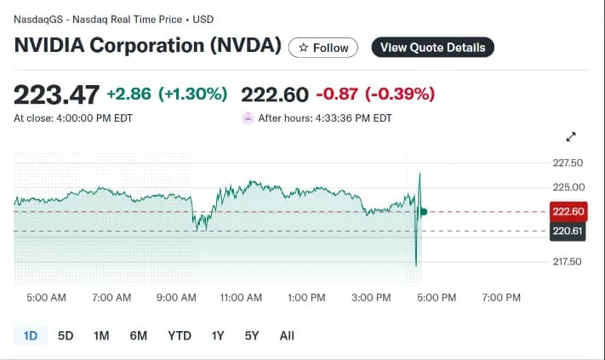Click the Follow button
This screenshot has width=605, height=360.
click(323, 48)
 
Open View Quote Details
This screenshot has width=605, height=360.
click(432, 48)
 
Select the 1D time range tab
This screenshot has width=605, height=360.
click(31, 335)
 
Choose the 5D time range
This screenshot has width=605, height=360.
click(66, 335)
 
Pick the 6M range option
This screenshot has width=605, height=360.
click(139, 335)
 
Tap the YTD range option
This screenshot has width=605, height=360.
click(180, 335)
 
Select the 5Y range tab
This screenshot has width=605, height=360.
click(252, 335)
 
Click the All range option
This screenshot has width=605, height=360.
click(287, 335)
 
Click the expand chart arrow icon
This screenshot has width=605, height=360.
click(571, 137)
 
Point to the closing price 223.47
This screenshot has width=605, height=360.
click(57, 94)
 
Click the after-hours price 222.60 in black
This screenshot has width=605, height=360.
click(275, 94)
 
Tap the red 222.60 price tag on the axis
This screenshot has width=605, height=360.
click(568, 211)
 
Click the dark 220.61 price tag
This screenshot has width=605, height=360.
click(568, 231)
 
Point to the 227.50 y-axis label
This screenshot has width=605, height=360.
click(568, 163)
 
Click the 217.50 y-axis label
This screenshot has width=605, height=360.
click(568, 261)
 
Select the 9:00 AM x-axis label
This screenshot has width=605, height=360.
click(176, 298)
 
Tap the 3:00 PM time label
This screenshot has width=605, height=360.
click(371, 298)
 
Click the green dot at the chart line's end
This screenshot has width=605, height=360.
click(424, 211)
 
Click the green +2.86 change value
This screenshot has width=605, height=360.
click(128, 94)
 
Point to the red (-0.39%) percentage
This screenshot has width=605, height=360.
click(400, 94)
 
